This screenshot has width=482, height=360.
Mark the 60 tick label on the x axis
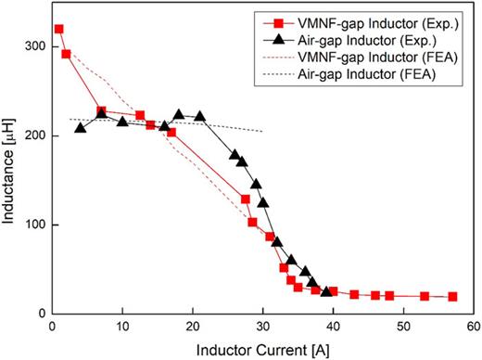tap(473, 327)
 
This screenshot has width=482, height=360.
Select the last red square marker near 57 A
tap(452, 297)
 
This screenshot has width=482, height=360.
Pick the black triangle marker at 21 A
tap(199, 117)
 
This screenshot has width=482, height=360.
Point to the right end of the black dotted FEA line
tap(262, 131)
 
